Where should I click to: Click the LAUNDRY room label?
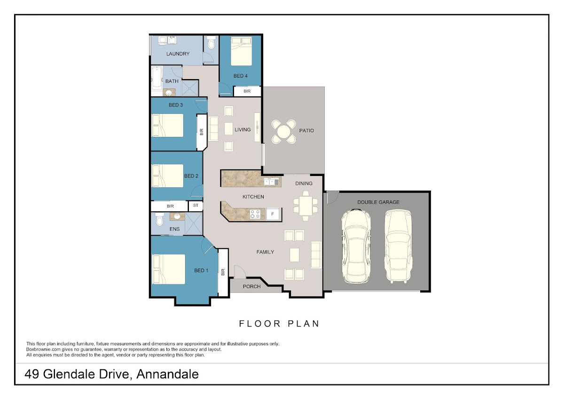coord(178,54)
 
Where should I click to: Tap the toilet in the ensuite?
coord(159,219)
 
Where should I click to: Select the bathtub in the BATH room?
coord(157,78)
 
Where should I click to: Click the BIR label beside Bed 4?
coord(247,91)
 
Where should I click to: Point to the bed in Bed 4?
coord(241,51)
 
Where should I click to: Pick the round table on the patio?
coord(283,132)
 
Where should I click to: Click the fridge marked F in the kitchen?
coord(273,214)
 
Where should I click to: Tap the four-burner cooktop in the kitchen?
coord(255,214)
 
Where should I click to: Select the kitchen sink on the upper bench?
coord(272,182)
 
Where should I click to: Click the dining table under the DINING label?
coord(305,206)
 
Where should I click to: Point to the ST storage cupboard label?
coord(196,206)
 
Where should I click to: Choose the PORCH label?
coord(251,287)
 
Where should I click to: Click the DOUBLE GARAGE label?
coord(378,202)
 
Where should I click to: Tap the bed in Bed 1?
coord(169,269)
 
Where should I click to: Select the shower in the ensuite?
coord(194,223)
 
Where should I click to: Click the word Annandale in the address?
coord(167,375)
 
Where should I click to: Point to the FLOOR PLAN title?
coord(279,324)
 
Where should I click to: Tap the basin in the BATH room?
coord(169,93)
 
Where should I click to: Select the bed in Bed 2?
coord(168,176)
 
